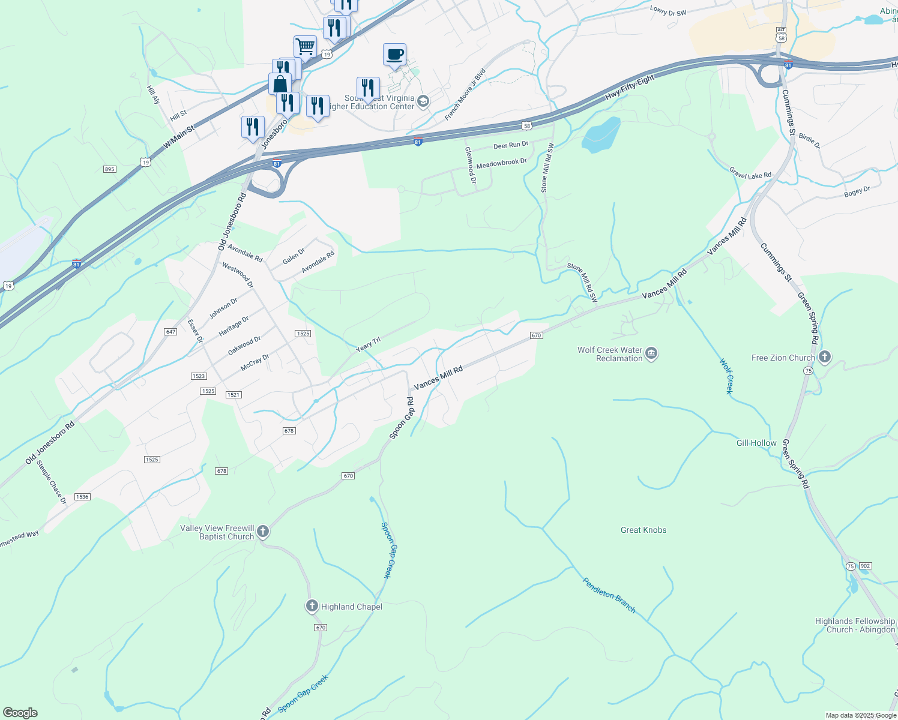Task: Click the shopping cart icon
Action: pyautogui.click(x=305, y=46)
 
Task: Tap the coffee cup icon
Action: pyautogui.click(x=394, y=55)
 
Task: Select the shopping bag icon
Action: pyautogui.click(x=280, y=84)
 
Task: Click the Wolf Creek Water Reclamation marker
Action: pyautogui.click(x=651, y=354)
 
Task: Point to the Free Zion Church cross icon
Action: pyautogui.click(x=825, y=358)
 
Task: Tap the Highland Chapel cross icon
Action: pyautogui.click(x=312, y=607)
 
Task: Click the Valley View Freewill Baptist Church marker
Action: pyautogui.click(x=262, y=532)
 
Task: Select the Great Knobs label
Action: pyautogui.click(x=643, y=530)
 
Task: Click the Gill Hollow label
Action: pyautogui.click(x=756, y=443)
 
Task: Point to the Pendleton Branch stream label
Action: pyautogui.click(x=609, y=595)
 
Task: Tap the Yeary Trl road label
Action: pyautogui.click(x=368, y=344)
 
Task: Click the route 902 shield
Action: pyautogui.click(x=865, y=566)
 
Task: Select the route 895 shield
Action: pyautogui.click(x=109, y=169)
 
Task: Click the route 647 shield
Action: pyautogui.click(x=170, y=332)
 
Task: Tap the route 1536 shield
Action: pyautogui.click(x=82, y=497)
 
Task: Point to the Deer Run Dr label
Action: pyautogui.click(x=511, y=145)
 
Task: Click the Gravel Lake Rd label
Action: pyautogui.click(x=750, y=175)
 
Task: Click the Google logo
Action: pyautogui.click(x=20, y=713)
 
